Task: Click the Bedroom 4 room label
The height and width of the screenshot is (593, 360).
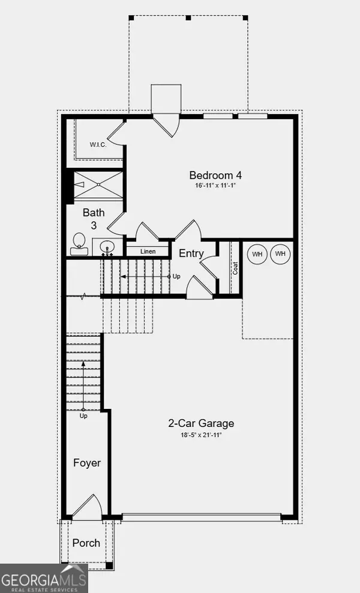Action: pos(215,175)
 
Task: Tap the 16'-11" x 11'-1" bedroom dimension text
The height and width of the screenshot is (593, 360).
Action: pos(215,186)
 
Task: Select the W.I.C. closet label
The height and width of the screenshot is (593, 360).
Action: pos(98,145)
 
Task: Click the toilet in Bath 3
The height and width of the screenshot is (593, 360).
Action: pos(79,244)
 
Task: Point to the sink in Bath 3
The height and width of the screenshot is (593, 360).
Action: pos(107,248)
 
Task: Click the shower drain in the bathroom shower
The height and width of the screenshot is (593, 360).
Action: pos(98,185)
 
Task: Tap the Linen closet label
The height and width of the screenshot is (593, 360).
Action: pos(148,251)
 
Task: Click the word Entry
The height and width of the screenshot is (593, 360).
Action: pos(191,254)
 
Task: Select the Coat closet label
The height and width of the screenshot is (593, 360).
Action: pos(235,268)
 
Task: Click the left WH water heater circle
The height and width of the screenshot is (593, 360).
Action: pos(257,254)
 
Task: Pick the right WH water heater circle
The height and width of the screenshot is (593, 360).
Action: pos(280,254)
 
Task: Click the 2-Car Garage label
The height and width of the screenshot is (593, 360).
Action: pos(201,423)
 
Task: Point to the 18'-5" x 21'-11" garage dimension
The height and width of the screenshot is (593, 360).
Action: pos(200,435)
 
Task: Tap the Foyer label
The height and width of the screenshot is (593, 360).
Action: pos(87,463)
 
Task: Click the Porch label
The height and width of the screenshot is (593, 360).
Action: pos(86,543)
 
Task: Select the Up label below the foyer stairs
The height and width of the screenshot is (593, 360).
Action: pos(83,416)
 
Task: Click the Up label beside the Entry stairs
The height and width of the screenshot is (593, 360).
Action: pos(176,276)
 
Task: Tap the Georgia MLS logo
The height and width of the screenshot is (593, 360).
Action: pos(44,578)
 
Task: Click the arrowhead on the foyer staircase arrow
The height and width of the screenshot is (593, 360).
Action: pos(83,364)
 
